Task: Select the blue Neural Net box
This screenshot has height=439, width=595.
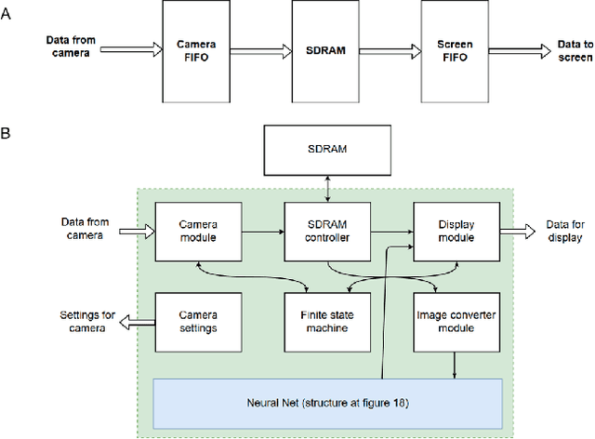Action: tap(326, 402)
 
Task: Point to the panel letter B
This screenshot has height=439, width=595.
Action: tap(8, 134)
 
